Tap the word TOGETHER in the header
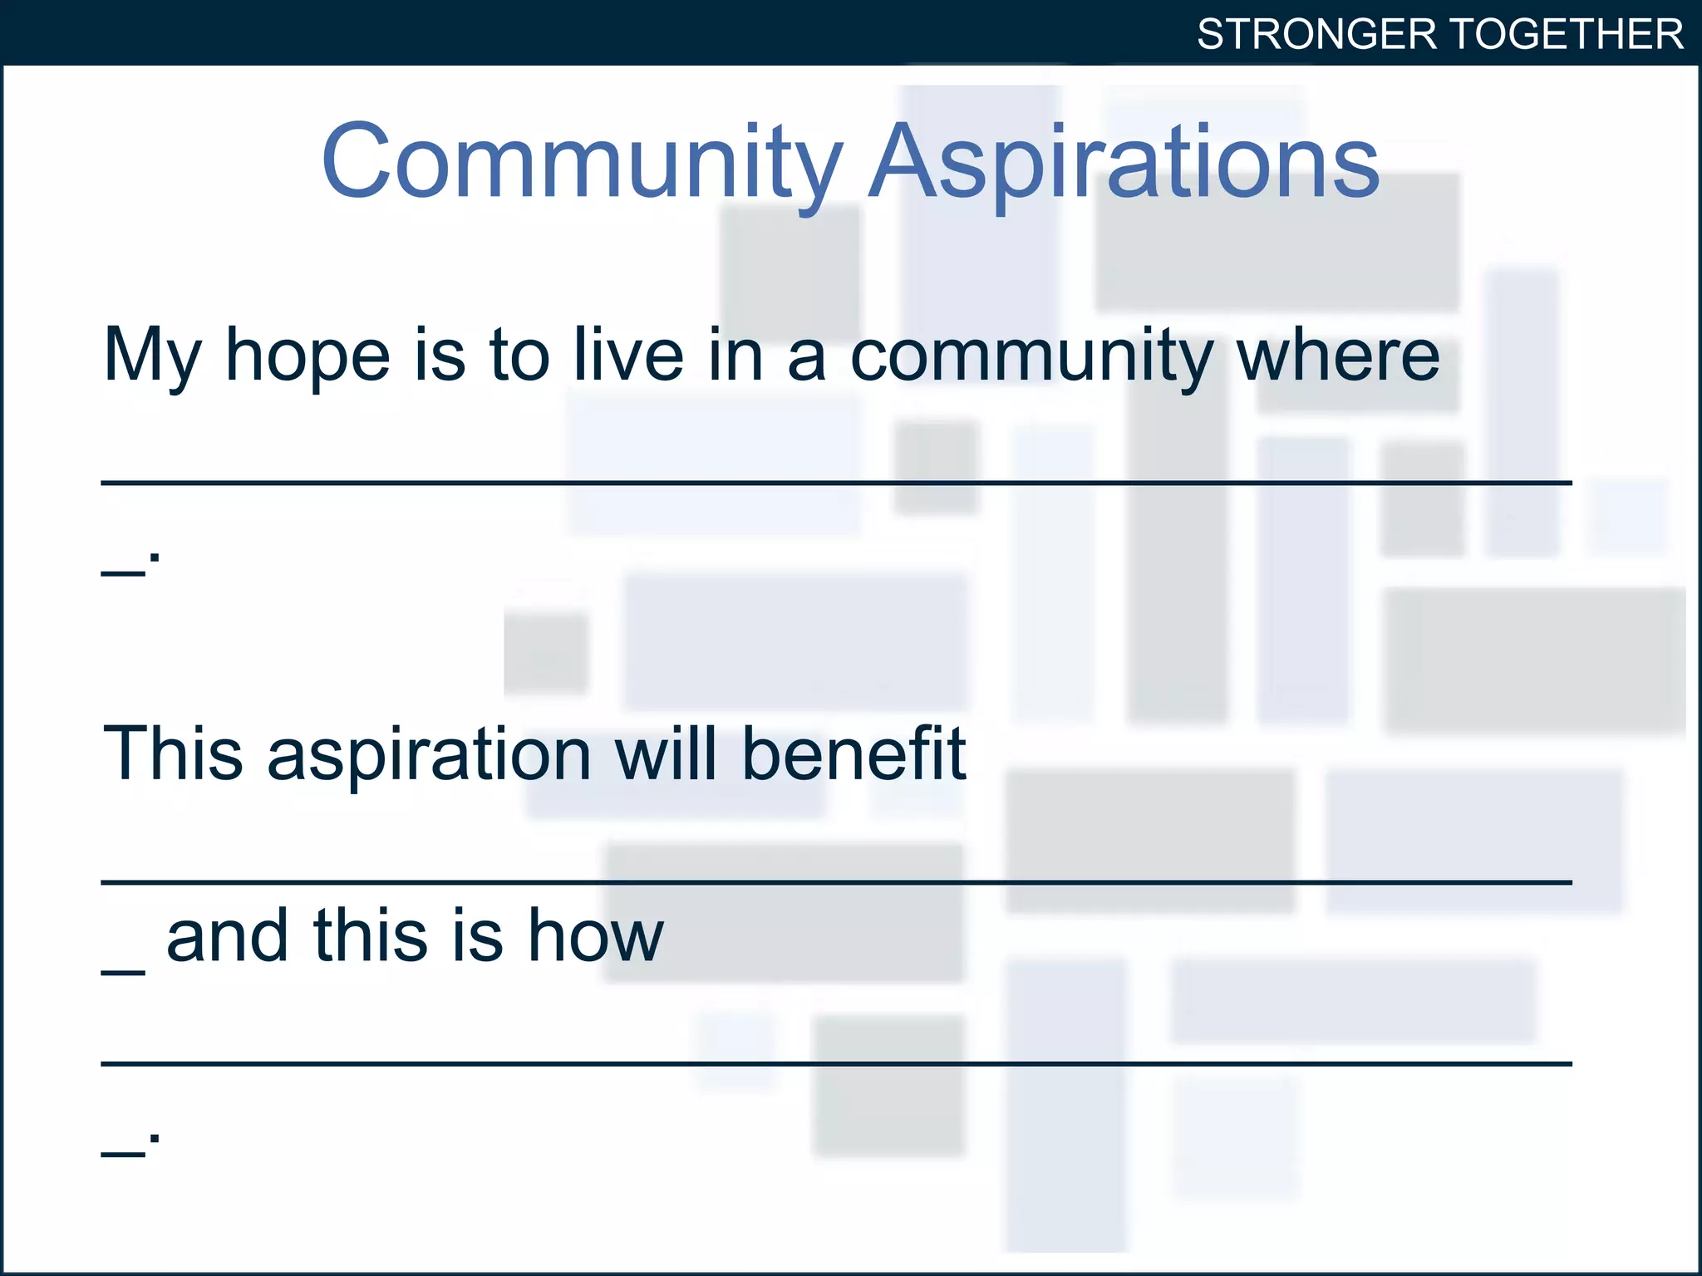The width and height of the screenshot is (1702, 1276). [x=1567, y=35]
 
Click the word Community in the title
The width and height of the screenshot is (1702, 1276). [x=582, y=162]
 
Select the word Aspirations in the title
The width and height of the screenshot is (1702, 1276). [x=1124, y=162]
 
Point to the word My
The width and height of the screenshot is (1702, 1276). [x=152, y=356]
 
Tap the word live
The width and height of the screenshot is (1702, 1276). [x=628, y=355]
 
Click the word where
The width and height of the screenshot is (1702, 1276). [x=1338, y=355]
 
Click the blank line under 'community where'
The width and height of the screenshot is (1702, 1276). [x=835, y=482]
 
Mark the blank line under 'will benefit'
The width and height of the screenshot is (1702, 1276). [x=835, y=881]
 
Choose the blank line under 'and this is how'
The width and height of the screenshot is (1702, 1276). [x=835, y=1063]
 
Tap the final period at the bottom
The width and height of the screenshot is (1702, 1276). [x=155, y=1138]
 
